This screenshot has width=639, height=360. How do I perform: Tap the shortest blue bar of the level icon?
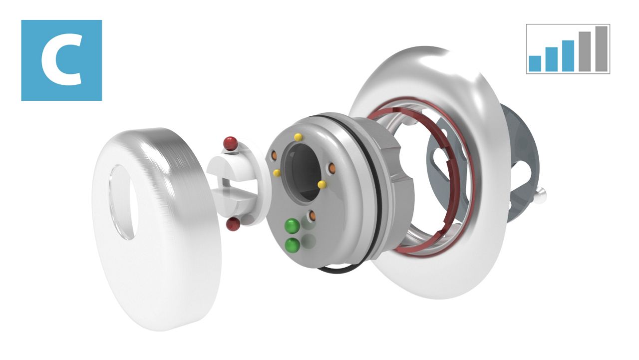tap(535, 63)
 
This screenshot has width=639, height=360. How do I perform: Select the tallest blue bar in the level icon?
tap(568, 56)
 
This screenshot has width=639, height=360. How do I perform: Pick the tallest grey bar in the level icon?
tap(602, 49)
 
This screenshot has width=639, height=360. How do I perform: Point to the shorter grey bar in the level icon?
tap(585, 51)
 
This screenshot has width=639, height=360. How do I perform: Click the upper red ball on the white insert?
tap(231, 143)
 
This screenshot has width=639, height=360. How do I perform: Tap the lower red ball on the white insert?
tap(233, 224)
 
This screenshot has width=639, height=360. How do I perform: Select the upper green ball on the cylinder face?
tap(293, 226)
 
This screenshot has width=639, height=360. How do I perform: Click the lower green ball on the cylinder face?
tap(293, 245)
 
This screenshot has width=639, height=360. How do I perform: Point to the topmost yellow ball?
tap(298, 137)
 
